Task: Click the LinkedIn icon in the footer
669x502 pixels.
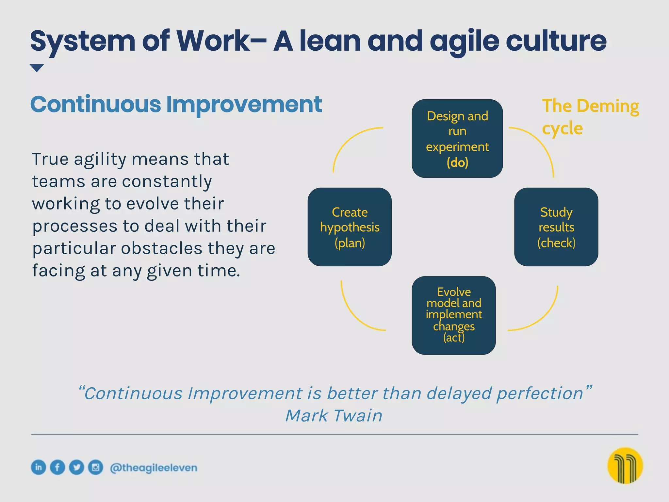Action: [x=39, y=467]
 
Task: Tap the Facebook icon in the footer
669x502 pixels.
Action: [x=57, y=467]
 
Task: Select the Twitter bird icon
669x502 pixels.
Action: [x=76, y=467]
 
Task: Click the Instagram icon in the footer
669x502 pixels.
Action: [x=95, y=467]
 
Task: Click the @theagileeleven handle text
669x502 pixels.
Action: [x=154, y=468]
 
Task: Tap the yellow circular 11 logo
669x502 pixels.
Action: [x=625, y=465]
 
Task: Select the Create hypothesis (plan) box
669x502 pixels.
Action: [x=350, y=227]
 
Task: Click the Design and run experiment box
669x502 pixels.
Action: [x=457, y=138]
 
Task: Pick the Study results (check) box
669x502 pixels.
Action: [x=556, y=227]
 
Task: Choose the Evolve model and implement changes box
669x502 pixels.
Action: [x=453, y=315]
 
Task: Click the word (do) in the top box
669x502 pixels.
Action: [x=457, y=162]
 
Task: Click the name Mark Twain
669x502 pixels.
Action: [x=334, y=416]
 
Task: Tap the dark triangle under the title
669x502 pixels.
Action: [x=37, y=68]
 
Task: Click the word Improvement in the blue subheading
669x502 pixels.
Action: [x=244, y=105]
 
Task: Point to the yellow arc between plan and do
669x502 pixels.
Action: [x=346, y=141]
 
